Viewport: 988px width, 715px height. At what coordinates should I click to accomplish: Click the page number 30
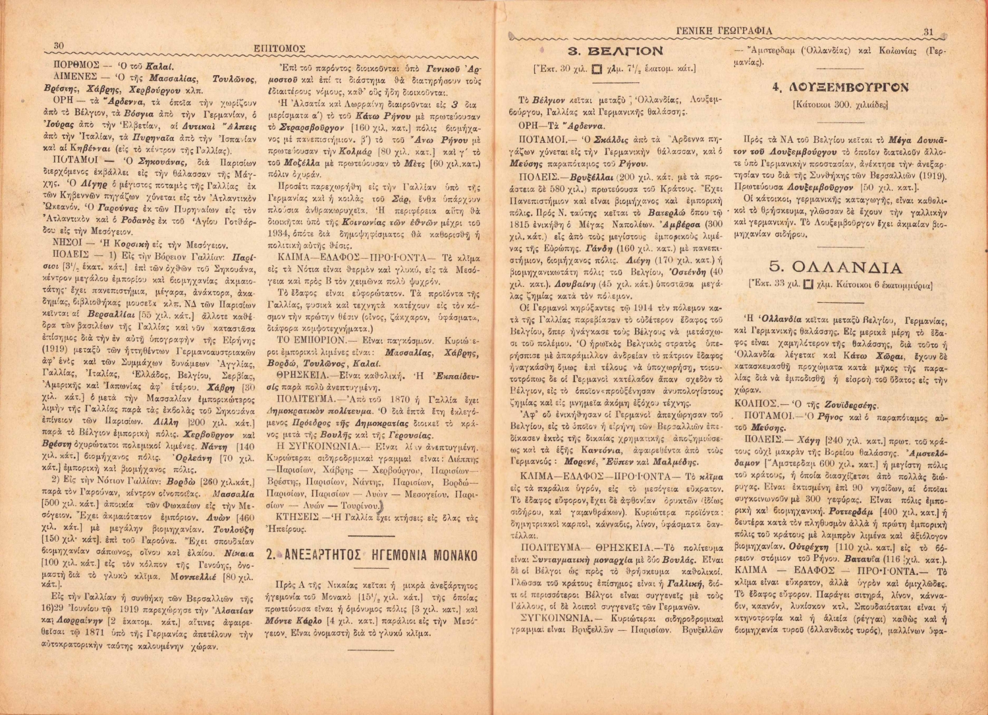coord(58,45)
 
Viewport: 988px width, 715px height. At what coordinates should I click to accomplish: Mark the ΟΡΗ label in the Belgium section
coord(529,125)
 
